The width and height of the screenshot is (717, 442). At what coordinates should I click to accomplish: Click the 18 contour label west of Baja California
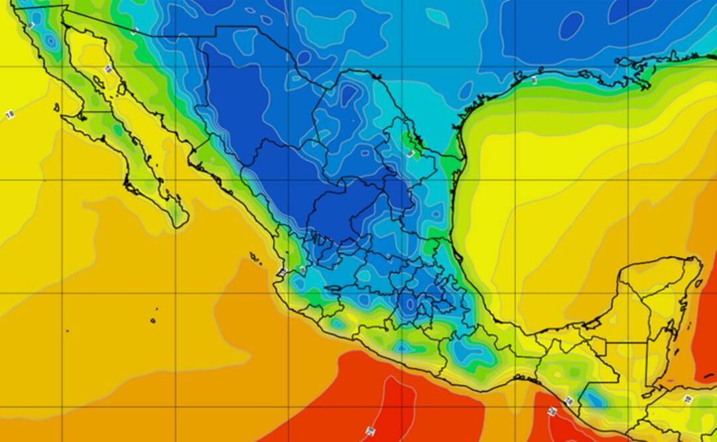click(x=9, y=115)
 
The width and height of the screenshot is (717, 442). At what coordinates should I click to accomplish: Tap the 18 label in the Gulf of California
click(x=107, y=69)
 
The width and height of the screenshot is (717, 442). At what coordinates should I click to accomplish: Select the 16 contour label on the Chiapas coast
click(x=569, y=401)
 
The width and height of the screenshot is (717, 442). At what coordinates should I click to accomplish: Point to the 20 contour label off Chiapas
click(x=551, y=411)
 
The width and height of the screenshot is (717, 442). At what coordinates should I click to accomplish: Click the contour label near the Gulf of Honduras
click(x=688, y=398)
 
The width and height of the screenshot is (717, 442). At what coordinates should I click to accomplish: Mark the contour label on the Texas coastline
click(x=534, y=80)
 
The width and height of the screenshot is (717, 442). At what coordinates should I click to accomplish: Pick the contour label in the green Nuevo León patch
click(x=411, y=153)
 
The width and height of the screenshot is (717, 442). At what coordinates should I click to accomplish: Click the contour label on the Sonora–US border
click(x=135, y=31)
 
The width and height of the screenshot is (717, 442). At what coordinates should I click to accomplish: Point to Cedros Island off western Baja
click(x=56, y=107)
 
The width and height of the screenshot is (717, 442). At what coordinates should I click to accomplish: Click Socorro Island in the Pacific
click(x=153, y=321)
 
